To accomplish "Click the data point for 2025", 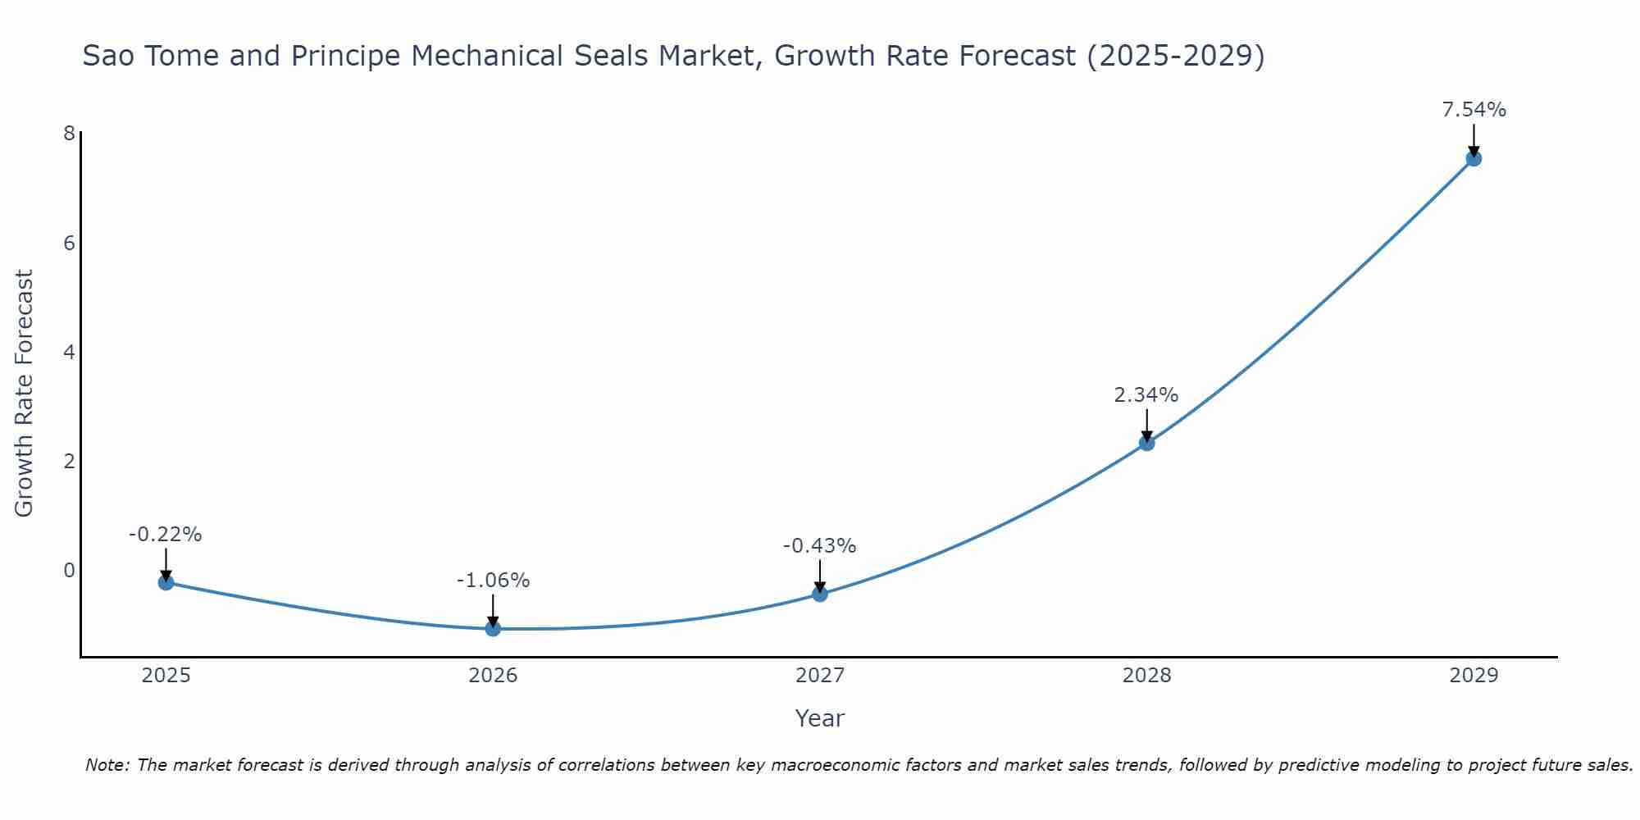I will [x=166, y=582].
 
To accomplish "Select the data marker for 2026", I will [x=493, y=628].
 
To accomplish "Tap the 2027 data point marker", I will [x=820, y=594].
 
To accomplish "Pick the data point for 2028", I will [x=1146, y=443].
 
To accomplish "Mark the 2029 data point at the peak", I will [x=1474, y=158].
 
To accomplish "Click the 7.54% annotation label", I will [x=1474, y=110].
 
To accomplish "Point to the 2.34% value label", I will [x=1146, y=395].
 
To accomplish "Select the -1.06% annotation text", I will [x=493, y=581].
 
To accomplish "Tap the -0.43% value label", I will [x=819, y=546].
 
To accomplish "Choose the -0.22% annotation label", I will [x=165, y=535].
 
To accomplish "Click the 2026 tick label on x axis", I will [x=493, y=676].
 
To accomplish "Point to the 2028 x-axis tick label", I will [x=1146, y=676].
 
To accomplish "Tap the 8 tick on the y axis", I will [x=69, y=134].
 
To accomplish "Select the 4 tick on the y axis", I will [x=69, y=352].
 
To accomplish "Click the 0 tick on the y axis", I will [x=69, y=570].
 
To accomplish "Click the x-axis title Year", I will [x=819, y=718].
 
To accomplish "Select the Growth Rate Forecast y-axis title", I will [x=25, y=394].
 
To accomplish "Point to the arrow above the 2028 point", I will [x=1146, y=425].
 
